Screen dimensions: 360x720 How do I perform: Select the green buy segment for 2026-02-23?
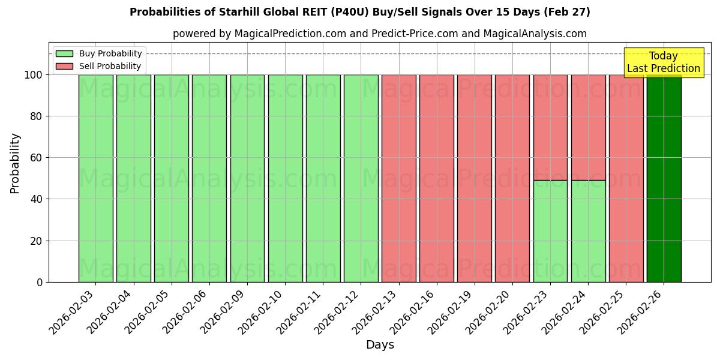(x=550, y=231)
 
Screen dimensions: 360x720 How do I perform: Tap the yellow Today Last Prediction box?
(x=664, y=62)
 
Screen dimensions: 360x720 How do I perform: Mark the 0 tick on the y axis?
(x=40, y=282)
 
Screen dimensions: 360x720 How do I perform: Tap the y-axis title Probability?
(x=15, y=163)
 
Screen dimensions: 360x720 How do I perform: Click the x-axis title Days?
(x=380, y=345)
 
